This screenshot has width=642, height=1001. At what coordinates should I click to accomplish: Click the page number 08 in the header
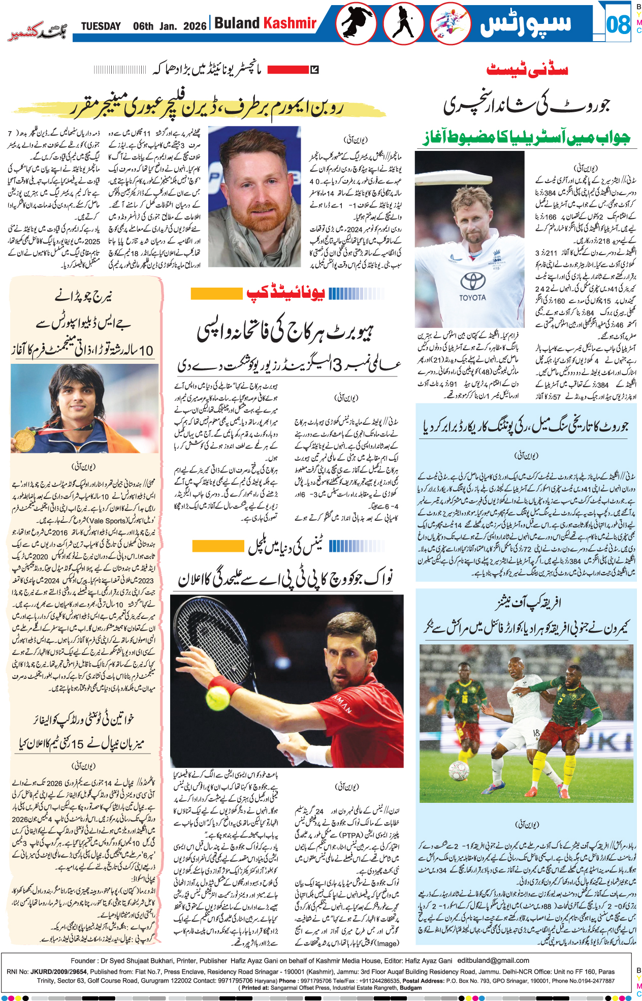point(618,24)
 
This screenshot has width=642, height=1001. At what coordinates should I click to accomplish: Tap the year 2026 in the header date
point(195,26)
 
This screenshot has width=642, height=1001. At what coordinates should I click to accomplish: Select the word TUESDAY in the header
point(101,26)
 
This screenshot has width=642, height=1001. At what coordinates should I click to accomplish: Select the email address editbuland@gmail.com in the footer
point(493,960)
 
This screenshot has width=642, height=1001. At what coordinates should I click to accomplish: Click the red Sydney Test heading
point(527,70)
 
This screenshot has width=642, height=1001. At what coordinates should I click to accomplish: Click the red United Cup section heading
point(285,293)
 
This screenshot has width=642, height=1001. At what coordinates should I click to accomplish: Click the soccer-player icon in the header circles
point(450,23)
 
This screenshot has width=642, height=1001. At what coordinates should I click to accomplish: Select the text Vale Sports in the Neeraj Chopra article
point(108,521)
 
